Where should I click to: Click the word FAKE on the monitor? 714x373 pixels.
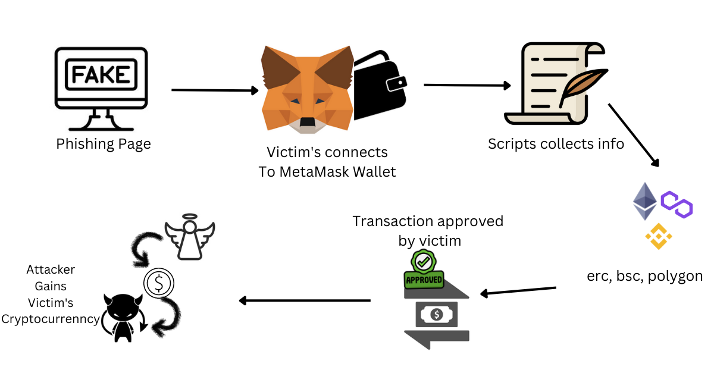point(101,74)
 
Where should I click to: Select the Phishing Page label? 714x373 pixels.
point(104,144)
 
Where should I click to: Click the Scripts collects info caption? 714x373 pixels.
point(556,143)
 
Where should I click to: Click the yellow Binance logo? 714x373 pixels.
point(659,236)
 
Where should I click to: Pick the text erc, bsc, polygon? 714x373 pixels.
point(644,277)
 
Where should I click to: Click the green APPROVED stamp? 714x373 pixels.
point(424,271)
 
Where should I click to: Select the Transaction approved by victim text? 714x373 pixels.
point(428,231)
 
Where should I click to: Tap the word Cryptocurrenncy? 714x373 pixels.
point(51,319)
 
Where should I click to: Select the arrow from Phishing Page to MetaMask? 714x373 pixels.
point(215,90)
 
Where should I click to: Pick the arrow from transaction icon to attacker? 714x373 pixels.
point(304,300)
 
